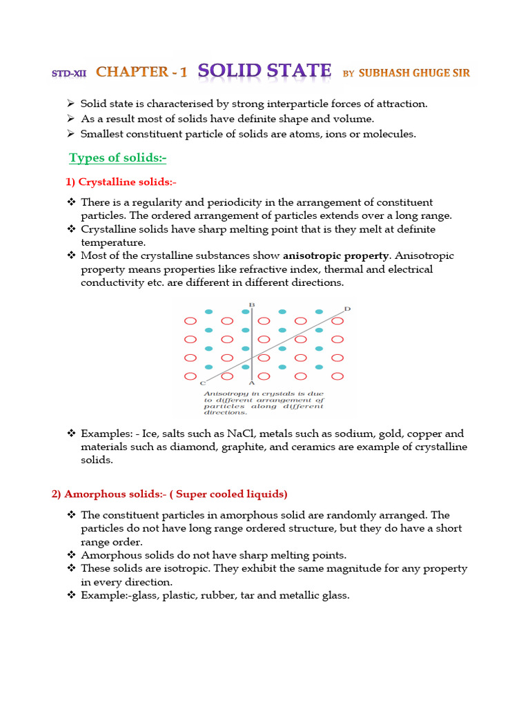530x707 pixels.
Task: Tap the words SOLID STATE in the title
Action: coord(264,70)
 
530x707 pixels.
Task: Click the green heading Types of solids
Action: coord(118,158)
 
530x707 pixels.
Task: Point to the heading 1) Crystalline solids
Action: coord(121,182)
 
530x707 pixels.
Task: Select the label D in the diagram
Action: coord(347,309)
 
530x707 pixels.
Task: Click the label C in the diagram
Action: coord(202,382)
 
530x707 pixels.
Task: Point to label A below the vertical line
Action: coord(251,382)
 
